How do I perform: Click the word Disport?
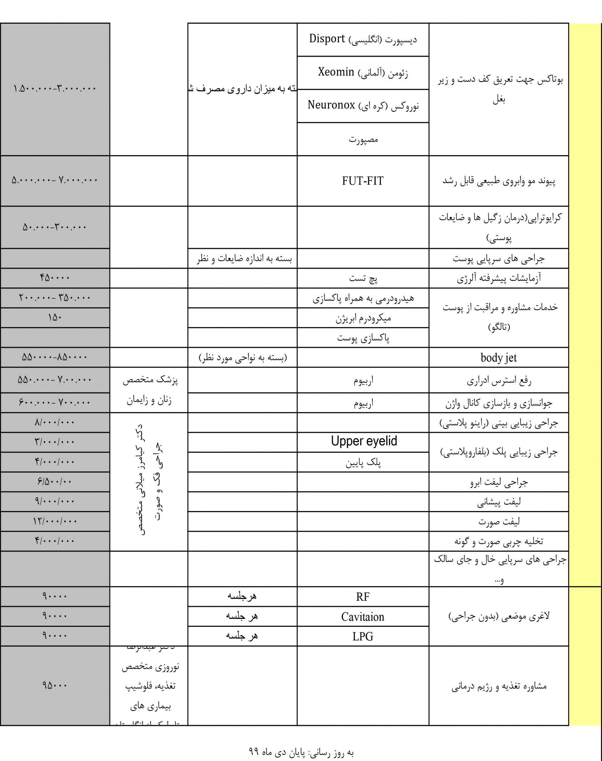click(327, 39)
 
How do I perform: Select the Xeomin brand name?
click(335, 72)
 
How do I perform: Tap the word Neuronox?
click(331, 105)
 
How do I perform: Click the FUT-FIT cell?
click(363, 181)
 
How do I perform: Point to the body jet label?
click(498, 358)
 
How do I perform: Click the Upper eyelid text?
click(364, 441)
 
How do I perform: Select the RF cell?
click(363, 597)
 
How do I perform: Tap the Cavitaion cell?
click(363, 617)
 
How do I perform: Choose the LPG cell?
click(363, 636)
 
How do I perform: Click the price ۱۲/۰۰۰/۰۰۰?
click(55, 521)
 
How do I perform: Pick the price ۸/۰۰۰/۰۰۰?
click(55, 422)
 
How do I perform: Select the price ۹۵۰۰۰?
click(55, 685)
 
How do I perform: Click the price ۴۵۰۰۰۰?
click(55, 278)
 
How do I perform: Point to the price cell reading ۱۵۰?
click(55, 318)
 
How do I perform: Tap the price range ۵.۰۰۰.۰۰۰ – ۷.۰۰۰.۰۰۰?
click(55, 180)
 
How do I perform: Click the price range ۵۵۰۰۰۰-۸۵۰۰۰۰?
click(55, 357)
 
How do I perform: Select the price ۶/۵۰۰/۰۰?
click(55, 482)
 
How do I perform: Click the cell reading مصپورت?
click(363, 140)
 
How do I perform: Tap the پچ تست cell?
click(363, 279)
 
